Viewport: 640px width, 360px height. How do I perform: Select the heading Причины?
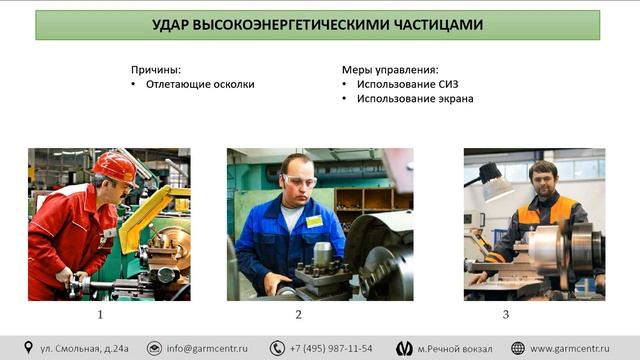click(156, 70)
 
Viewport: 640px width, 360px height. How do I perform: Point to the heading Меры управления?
click(390, 70)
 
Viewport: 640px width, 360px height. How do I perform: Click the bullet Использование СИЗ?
click(406, 85)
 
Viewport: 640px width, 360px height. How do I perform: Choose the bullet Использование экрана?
click(414, 100)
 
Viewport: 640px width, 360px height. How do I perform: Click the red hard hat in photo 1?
click(117, 165)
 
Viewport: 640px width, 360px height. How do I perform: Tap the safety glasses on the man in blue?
click(298, 180)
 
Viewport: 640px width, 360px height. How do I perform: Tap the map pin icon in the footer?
click(28, 348)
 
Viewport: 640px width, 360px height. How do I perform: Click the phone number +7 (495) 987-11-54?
click(331, 348)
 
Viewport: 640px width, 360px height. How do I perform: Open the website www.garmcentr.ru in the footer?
click(570, 348)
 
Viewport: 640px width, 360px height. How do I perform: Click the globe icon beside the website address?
click(517, 348)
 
